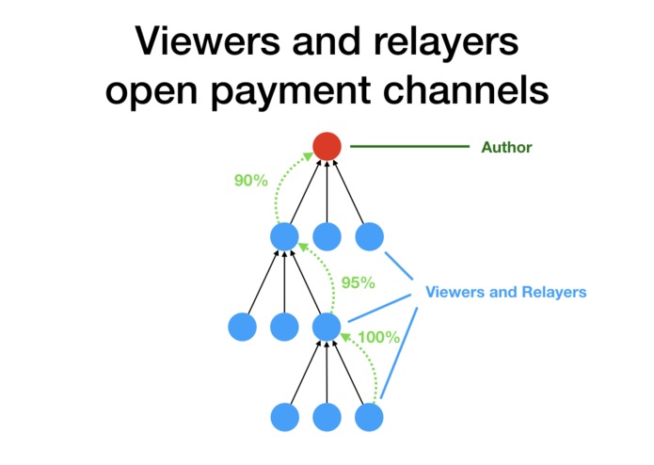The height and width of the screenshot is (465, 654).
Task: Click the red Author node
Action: (x=327, y=147)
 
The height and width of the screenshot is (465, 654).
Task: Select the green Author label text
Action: (x=506, y=147)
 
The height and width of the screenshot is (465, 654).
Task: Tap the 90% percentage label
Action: (x=250, y=181)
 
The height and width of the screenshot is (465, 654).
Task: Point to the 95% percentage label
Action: (x=358, y=282)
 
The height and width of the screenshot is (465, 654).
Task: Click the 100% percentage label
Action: (x=378, y=337)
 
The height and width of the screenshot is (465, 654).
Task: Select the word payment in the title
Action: (x=291, y=91)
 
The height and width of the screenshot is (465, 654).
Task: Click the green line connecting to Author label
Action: (x=409, y=147)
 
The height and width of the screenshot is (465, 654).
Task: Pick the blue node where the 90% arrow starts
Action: (x=284, y=236)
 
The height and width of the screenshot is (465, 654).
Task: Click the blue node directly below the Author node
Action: (x=327, y=236)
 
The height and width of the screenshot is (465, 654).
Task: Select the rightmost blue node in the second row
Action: (x=370, y=236)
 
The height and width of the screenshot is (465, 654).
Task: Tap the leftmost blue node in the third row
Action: (x=243, y=327)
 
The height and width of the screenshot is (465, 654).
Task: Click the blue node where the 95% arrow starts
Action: (x=327, y=327)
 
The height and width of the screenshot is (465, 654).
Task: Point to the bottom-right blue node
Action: (x=369, y=417)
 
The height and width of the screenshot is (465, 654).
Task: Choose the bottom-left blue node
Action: (x=285, y=417)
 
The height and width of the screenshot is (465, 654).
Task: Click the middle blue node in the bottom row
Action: (x=327, y=417)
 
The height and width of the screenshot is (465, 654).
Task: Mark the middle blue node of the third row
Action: (x=284, y=327)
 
